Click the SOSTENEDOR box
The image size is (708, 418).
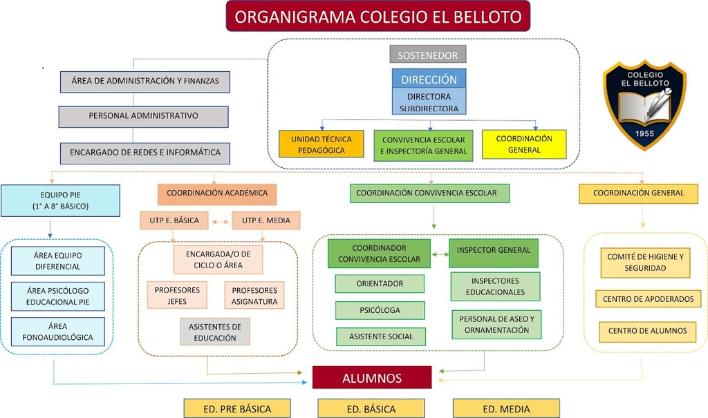tap(428, 54)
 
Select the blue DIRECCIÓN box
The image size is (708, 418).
tap(429, 79)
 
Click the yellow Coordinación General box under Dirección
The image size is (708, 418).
tap(523, 144)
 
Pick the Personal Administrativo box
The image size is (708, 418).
tap(143, 116)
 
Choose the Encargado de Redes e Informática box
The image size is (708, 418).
tap(145, 152)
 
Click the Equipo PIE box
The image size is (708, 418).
tap(60, 200)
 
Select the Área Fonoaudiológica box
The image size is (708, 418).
tap(58, 332)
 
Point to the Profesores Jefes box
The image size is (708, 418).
tap(177, 296)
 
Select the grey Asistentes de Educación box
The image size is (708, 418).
tap(215, 332)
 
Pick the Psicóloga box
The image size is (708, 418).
tap(380, 310)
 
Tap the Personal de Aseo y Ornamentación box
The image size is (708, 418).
tap(496, 325)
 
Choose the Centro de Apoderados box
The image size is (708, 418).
tap(648, 299)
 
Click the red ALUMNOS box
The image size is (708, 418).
tap(372, 378)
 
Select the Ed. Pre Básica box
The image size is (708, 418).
tap(237, 408)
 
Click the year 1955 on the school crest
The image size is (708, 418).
tap(644, 133)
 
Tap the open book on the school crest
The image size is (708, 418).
tap(643, 105)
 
